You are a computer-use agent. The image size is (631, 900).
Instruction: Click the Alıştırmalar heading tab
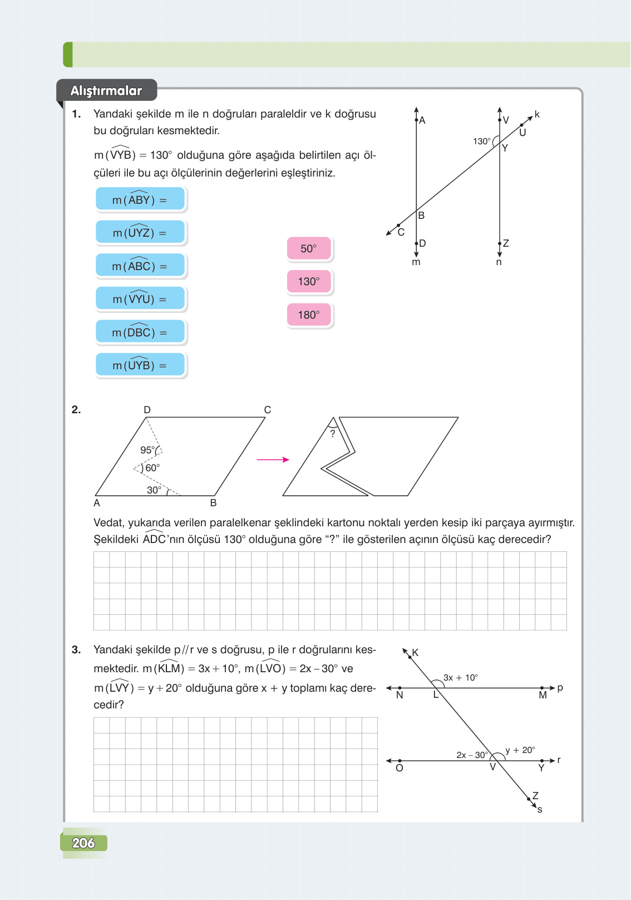click(106, 91)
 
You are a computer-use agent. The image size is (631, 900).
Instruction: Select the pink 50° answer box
click(309, 248)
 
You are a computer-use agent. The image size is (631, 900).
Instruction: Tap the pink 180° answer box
click(309, 315)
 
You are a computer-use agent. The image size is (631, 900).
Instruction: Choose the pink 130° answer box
click(309, 281)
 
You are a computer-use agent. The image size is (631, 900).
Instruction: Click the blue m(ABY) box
click(140, 199)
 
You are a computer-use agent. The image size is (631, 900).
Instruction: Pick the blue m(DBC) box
click(140, 332)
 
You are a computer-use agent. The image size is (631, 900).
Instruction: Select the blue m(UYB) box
click(140, 365)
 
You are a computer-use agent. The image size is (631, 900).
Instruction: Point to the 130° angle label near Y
click(482, 141)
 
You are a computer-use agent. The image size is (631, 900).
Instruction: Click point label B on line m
click(421, 216)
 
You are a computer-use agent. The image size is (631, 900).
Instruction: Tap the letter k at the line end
click(537, 114)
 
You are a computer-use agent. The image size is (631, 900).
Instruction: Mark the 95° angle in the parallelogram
click(147, 450)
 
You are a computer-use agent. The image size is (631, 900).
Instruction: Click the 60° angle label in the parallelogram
click(152, 468)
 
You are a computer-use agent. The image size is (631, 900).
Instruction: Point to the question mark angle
click(333, 434)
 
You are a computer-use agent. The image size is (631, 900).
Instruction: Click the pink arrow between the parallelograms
click(273, 459)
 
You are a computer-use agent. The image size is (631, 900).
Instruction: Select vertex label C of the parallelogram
click(268, 410)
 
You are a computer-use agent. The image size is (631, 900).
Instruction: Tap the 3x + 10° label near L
click(460, 678)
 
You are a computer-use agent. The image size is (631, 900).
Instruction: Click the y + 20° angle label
click(520, 750)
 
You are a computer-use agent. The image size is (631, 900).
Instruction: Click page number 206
click(83, 843)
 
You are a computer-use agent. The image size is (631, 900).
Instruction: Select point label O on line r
click(399, 769)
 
